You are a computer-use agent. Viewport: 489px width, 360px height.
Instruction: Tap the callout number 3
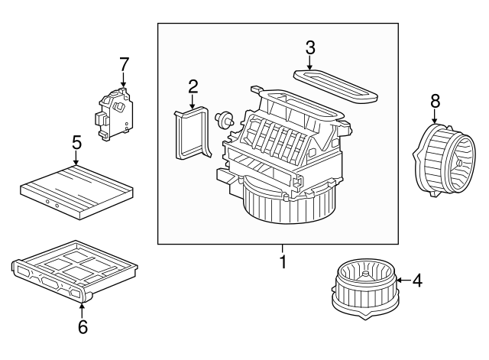(310, 47)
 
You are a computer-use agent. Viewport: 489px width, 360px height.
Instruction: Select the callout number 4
(416, 281)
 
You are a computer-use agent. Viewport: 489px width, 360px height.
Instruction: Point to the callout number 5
(76, 142)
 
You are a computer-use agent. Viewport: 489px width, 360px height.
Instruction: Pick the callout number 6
(83, 326)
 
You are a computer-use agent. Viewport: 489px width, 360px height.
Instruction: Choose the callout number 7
(124, 63)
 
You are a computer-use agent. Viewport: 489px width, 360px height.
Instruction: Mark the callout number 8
(435, 101)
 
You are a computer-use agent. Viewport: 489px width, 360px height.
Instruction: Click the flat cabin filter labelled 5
(77, 188)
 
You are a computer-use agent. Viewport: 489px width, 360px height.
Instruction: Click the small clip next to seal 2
(224, 118)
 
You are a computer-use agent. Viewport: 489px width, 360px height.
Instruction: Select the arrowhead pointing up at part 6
(83, 305)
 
